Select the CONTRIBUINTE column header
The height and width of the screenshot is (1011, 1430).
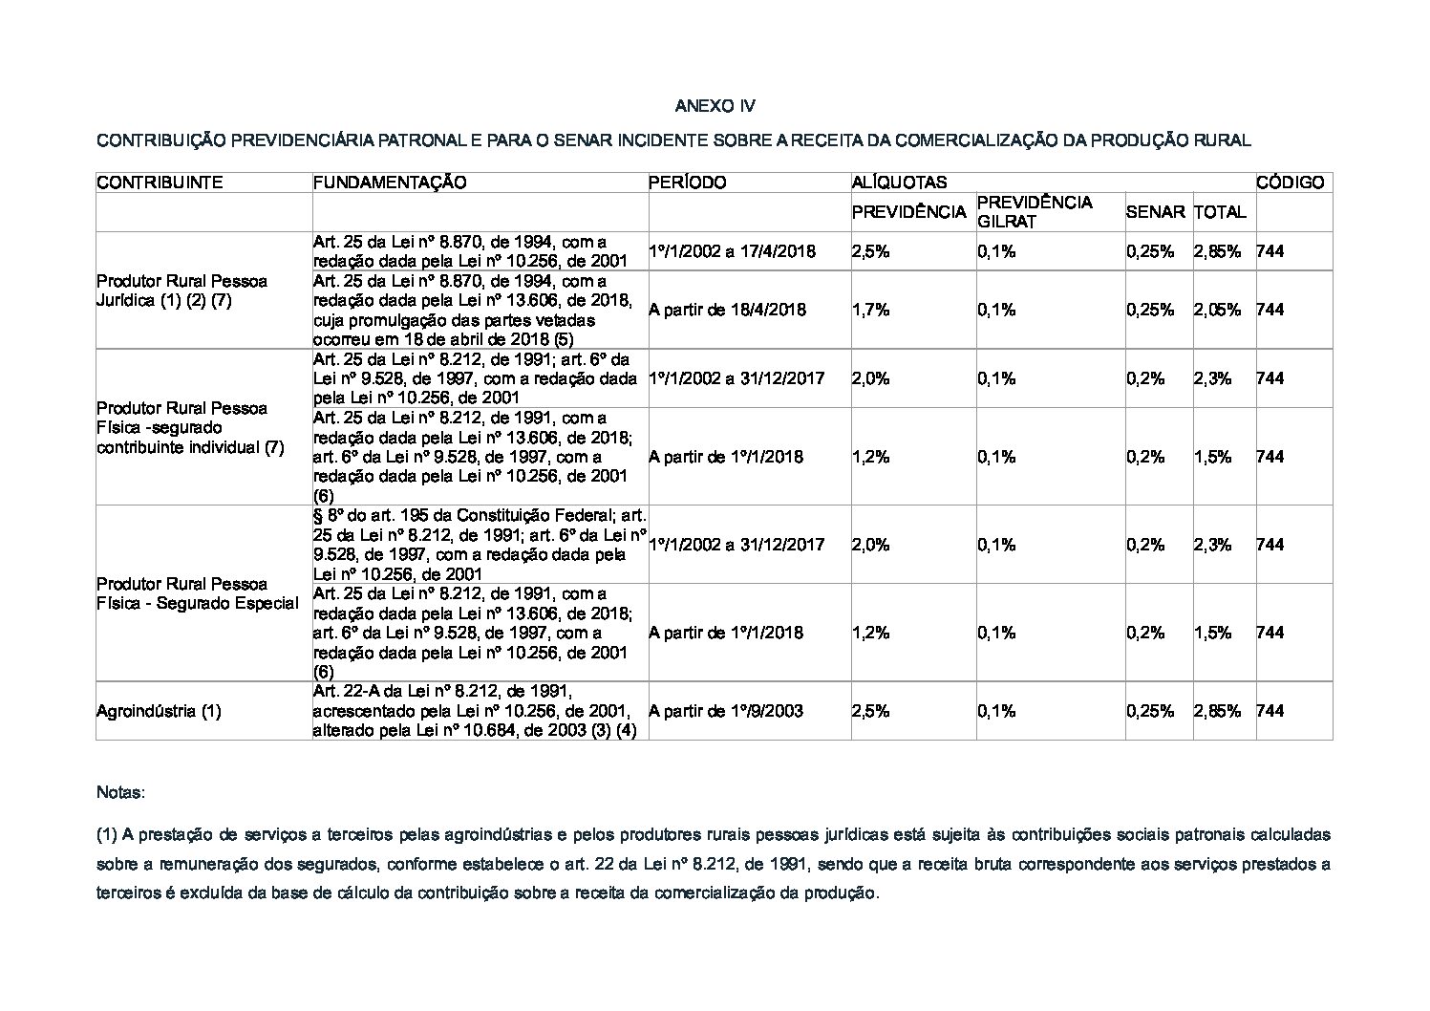[x=160, y=183]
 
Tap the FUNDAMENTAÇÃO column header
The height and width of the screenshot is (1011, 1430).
[x=390, y=183]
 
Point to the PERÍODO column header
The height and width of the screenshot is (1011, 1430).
[x=687, y=183]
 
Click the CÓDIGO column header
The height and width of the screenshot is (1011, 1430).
[x=1290, y=183]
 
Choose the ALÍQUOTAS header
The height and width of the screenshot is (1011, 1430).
[x=899, y=183]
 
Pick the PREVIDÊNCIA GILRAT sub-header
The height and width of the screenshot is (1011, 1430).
[x=1035, y=212]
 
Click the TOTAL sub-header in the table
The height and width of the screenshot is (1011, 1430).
[x=1220, y=212]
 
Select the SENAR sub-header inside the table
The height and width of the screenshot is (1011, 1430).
[x=1155, y=212]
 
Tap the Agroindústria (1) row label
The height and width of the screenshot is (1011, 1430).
[x=159, y=711]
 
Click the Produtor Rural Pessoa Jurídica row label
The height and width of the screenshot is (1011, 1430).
[x=181, y=290]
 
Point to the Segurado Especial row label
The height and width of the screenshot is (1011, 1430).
[x=197, y=593]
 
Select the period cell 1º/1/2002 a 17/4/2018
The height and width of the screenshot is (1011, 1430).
[x=732, y=251]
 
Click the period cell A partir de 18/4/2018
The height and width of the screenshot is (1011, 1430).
[x=727, y=310]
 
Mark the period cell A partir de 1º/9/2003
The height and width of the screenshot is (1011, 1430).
[x=725, y=711]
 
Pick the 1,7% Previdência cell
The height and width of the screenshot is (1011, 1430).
[x=870, y=310]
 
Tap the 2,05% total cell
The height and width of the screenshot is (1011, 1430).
[x=1217, y=310]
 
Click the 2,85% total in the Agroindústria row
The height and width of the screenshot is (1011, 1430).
[x=1217, y=711]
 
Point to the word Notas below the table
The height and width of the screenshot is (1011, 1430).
[x=120, y=793]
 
